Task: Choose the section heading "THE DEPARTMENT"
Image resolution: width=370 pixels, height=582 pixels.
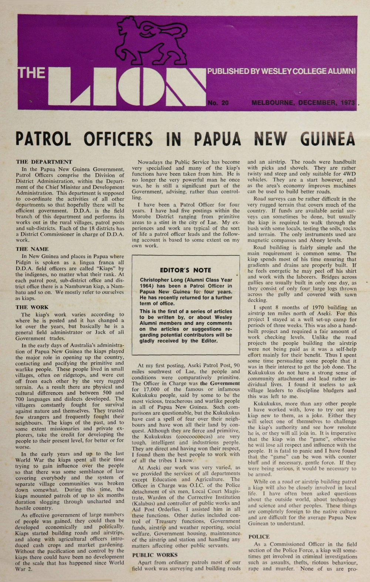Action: pos(44,162)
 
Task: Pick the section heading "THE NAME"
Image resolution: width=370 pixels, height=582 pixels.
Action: pos(32,249)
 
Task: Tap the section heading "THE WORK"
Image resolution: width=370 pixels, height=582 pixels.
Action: pos(32,307)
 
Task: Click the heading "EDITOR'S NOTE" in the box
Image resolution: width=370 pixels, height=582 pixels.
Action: pos(185,270)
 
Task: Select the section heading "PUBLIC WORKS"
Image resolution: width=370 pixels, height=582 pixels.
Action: pos(155,555)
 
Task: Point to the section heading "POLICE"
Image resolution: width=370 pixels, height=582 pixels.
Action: pos(259,536)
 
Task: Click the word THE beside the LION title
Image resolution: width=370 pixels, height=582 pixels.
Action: pos(32,73)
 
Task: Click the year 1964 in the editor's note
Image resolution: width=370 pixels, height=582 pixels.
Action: pos(147,286)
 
